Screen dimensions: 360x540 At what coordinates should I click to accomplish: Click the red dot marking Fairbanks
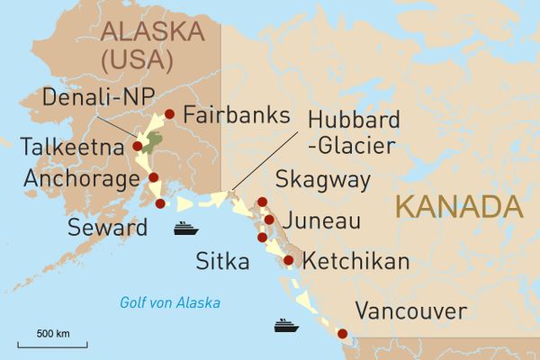click(169, 113)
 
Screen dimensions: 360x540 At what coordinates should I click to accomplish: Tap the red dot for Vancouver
click(342, 335)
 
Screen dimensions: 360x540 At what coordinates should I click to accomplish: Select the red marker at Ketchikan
click(288, 260)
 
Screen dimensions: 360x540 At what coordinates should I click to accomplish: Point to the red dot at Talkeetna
click(138, 145)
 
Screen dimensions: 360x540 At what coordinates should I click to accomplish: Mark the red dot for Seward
click(160, 203)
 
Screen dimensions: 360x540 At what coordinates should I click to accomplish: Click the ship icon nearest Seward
click(185, 228)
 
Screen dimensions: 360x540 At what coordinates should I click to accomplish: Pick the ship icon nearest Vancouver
click(285, 324)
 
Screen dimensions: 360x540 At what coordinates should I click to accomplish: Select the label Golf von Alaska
click(170, 302)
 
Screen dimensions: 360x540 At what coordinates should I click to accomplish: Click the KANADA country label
click(458, 205)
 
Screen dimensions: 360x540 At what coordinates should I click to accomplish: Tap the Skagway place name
click(323, 181)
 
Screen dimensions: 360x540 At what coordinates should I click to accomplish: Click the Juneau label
click(321, 221)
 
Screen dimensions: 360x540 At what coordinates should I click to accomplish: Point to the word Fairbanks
click(235, 115)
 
